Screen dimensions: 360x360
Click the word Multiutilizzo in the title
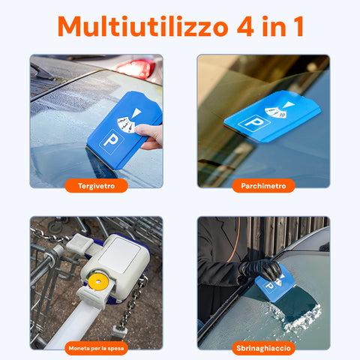click(x=142, y=26)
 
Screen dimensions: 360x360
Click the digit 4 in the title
click(x=246, y=26)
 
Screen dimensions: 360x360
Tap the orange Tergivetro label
click(x=96, y=186)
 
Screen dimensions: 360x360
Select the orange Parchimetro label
click(x=263, y=186)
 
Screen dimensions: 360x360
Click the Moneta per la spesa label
click(x=96, y=348)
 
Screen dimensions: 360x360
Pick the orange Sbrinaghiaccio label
click(x=263, y=348)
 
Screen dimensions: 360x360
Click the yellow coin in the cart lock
click(x=98, y=281)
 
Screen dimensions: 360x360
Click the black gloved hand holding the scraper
click(x=260, y=269)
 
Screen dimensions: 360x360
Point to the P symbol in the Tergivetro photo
click(x=112, y=141)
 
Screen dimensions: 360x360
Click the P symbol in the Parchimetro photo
click(x=253, y=122)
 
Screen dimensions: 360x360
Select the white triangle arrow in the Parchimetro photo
click(x=289, y=104)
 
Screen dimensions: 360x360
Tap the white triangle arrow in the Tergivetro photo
click(x=137, y=113)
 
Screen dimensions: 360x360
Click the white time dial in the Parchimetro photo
click(x=275, y=112)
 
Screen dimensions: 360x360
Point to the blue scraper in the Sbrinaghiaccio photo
click(x=275, y=283)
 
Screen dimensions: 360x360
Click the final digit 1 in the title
click(x=298, y=26)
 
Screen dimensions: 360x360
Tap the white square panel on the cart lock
click(x=120, y=255)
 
